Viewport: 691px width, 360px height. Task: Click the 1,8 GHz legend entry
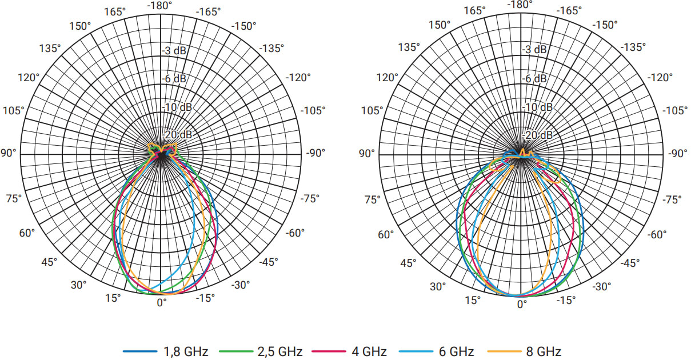[x=166, y=351]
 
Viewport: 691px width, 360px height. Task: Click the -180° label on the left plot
[x=159, y=6]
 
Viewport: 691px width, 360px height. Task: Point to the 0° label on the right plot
[x=522, y=305]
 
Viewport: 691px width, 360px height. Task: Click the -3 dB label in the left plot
[x=174, y=51]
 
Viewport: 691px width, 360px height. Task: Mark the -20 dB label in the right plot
[x=538, y=135]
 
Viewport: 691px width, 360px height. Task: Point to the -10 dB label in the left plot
[x=174, y=107]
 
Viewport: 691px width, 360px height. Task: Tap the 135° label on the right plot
[x=410, y=47]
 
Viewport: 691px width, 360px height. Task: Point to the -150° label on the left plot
[x=243, y=26]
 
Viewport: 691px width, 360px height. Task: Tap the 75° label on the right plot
[x=373, y=199]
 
